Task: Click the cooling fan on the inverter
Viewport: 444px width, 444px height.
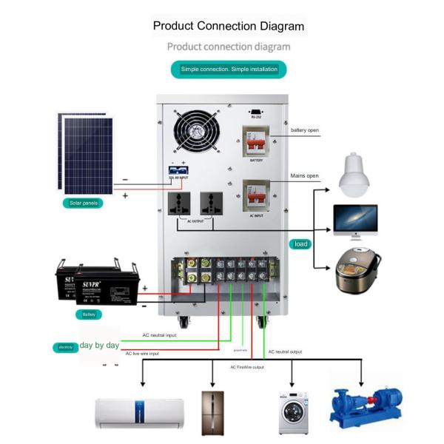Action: [x=197, y=132]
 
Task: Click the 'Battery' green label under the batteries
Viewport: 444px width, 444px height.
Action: [x=88, y=314]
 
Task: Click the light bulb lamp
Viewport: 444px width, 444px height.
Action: [x=361, y=176]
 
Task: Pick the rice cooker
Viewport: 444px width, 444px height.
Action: [x=357, y=268]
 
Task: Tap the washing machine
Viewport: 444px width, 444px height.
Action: [x=293, y=412]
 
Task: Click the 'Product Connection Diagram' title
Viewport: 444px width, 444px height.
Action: [x=228, y=26]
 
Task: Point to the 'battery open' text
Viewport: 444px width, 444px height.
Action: [x=305, y=130]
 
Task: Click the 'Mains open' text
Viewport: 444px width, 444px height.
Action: [x=304, y=176]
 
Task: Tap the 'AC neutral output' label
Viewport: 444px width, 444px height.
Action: [x=285, y=351]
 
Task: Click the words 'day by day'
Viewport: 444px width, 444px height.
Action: [x=99, y=346]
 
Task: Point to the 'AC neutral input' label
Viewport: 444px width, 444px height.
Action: [x=160, y=335]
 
